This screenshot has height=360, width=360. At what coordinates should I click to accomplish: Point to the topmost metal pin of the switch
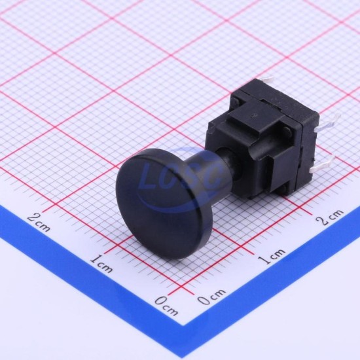pos(268,81)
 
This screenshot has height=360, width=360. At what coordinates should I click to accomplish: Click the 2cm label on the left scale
pos(39,222)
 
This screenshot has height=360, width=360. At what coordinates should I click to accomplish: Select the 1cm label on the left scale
pos(101,264)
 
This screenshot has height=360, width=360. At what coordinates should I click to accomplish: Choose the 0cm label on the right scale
pos(211,297)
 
